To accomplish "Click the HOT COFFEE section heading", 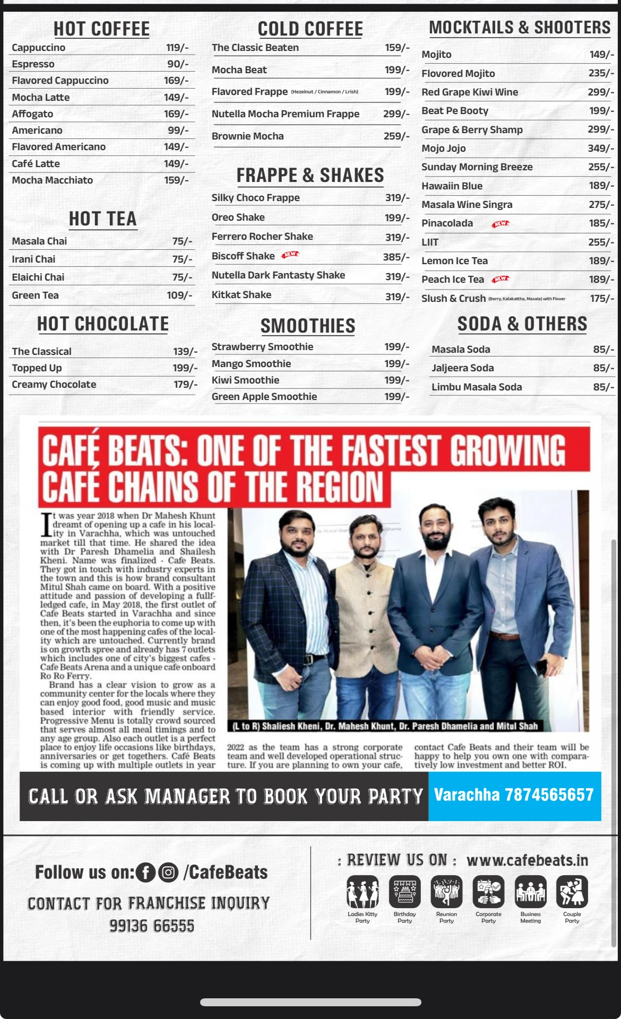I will coord(101,29).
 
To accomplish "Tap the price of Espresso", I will coord(178,64).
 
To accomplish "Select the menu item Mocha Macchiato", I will coord(53,180).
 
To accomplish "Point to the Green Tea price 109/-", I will coord(179,295).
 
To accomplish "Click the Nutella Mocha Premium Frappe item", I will coord(286,114).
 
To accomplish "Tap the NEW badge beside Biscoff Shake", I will coord(290,255).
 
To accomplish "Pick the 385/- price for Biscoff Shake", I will coord(396,257).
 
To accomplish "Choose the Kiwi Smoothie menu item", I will coord(245,380).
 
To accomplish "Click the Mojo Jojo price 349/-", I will coord(601,149).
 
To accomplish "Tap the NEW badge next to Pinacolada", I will coord(500,224).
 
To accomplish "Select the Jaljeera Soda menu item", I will coord(462,368).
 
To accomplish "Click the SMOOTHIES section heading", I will coord(308,326).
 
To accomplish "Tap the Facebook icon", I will coord(145,873).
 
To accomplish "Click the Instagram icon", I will coord(168,873).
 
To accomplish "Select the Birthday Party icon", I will coord(404,892).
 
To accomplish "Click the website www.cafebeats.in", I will coord(527,860).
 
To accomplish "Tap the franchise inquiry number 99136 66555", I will coord(152,926).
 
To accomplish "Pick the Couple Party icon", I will coord(572,892).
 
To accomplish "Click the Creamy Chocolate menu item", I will coord(54,385).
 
